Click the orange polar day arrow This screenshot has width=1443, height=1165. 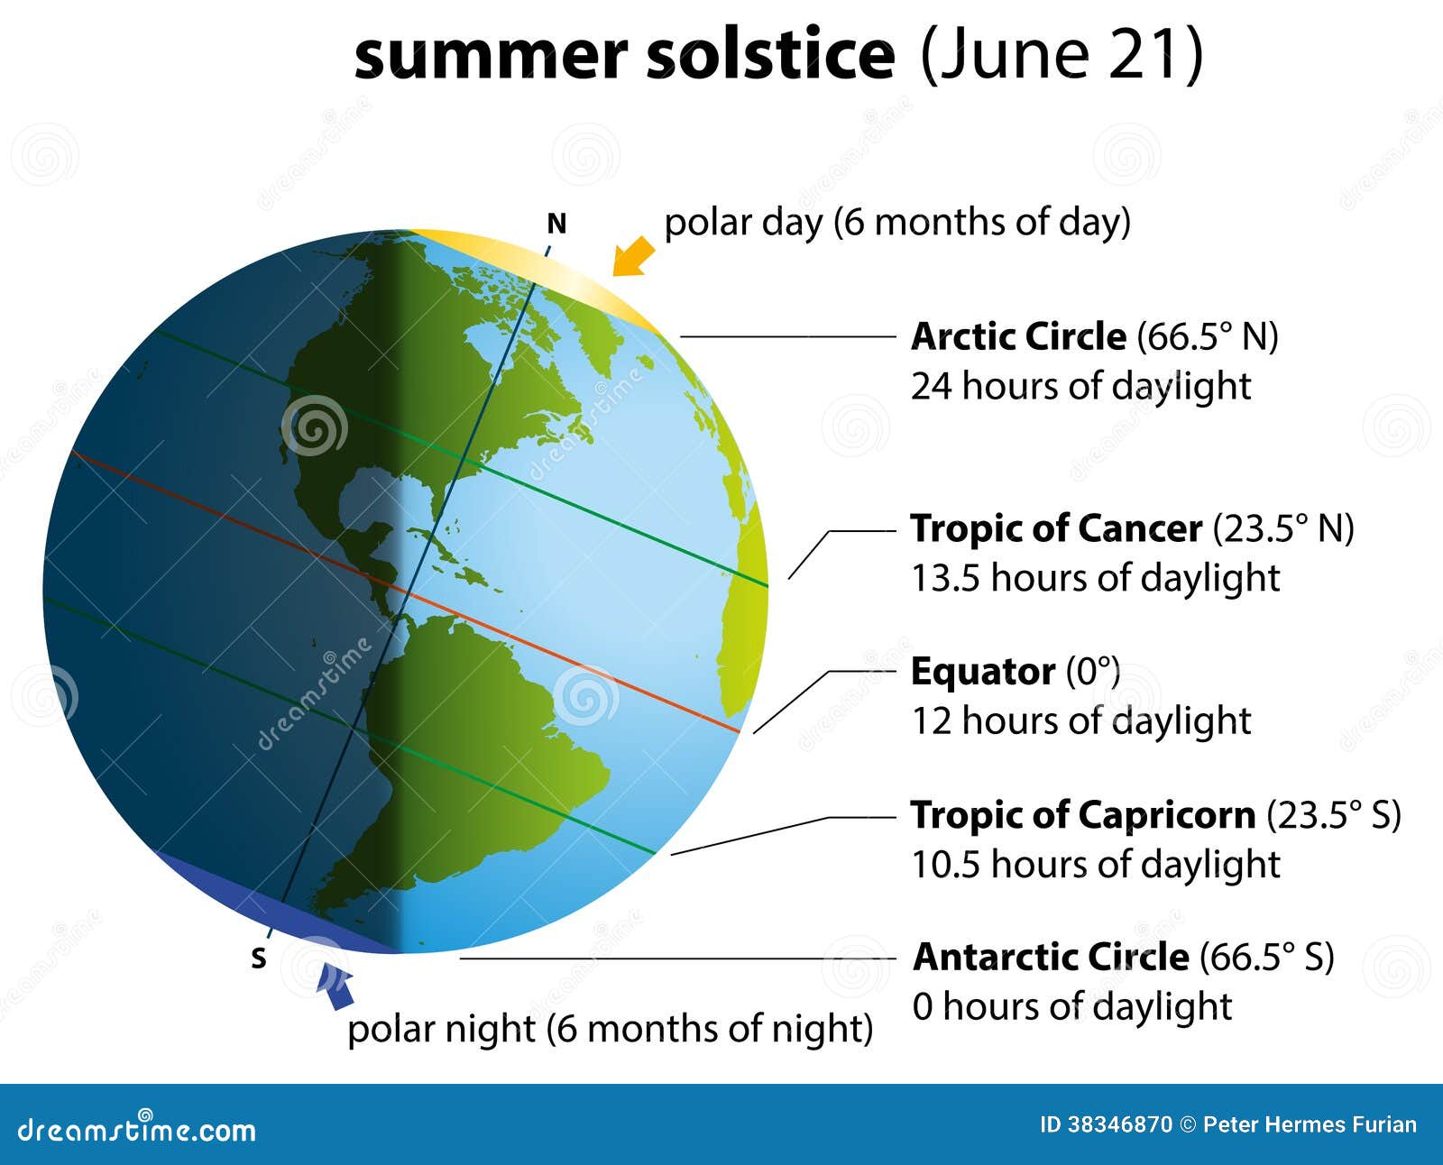(x=633, y=256)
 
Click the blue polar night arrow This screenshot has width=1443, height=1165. (x=336, y=986)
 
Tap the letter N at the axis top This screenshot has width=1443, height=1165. (x=556, y=224)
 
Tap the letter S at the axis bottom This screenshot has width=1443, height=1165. (x=259, y=959)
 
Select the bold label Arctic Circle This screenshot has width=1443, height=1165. (x=1018, y=337)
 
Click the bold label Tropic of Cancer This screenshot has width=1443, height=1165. (x=1056, y=529)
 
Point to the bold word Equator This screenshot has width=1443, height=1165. (x=982, y=673)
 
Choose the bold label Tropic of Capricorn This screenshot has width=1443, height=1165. (x=1082, y=815)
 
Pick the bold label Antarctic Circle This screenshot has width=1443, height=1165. (x=1051, y=957)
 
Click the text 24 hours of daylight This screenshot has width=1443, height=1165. (x=1080, y=386)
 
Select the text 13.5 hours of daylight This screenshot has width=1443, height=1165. (x=1095, y=578)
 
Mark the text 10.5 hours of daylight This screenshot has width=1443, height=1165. (x=1095, y=865)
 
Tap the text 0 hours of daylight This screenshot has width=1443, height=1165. (x=1071, y=1006)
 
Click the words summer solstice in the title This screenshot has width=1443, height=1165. (x=624, y=54)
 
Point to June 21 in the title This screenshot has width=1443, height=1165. (x=1062, y=54)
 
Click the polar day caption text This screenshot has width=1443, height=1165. (x=896, y=222)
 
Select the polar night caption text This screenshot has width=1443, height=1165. (x=610, y=1029)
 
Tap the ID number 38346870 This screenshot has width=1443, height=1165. (x=1119, y=1124)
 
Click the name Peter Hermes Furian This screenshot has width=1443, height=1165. (x=1310, y=1124)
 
